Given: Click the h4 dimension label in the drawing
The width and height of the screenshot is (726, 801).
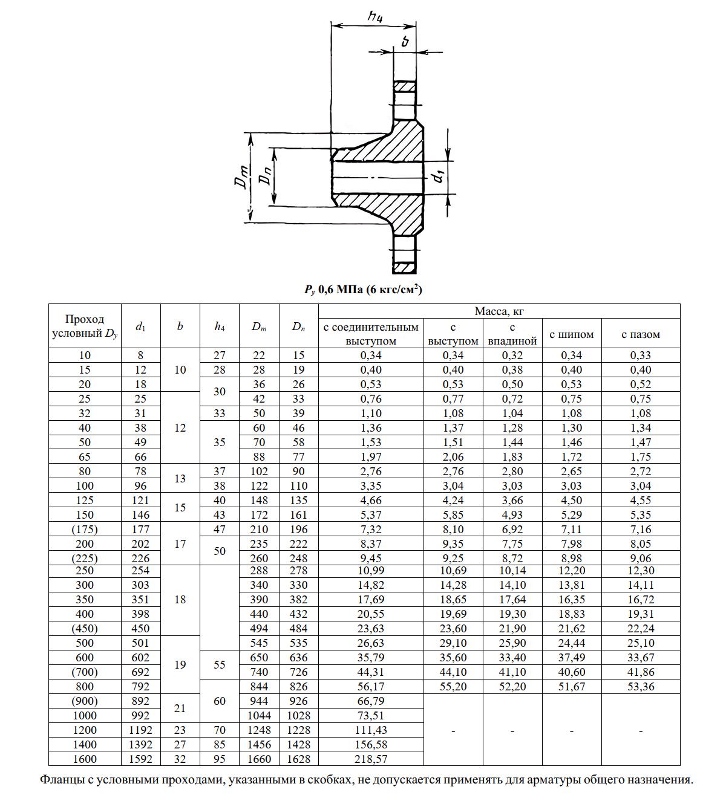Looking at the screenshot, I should (375, 16).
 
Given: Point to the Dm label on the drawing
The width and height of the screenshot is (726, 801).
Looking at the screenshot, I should (241, 177).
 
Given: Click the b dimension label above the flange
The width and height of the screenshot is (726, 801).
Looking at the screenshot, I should (405, 41).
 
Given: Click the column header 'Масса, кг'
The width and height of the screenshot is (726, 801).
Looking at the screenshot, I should (499, 311).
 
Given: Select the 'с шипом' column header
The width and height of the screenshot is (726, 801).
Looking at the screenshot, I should (572, 334).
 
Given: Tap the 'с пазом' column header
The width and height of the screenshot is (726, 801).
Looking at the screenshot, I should (641, 334).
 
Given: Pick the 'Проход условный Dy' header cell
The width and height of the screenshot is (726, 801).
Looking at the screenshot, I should (85, 326).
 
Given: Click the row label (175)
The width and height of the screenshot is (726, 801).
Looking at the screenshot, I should (85, 530).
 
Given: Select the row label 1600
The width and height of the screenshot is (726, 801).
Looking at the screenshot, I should (85, 759).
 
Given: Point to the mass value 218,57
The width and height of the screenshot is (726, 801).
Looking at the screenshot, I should (371, 759).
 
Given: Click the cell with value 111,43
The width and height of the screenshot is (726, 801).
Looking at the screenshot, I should (371, 730).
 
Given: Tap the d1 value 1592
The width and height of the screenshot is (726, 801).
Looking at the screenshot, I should (140, 759).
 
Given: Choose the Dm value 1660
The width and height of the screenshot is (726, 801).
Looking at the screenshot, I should (259, 759).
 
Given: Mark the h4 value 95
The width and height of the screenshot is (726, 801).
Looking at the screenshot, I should (220, 759).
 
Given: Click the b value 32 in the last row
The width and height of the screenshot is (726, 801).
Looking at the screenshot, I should (180, 759).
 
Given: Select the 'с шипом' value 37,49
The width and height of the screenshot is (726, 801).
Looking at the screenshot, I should (572, 658).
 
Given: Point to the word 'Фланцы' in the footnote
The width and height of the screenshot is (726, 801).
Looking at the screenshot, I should (59, 780).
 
